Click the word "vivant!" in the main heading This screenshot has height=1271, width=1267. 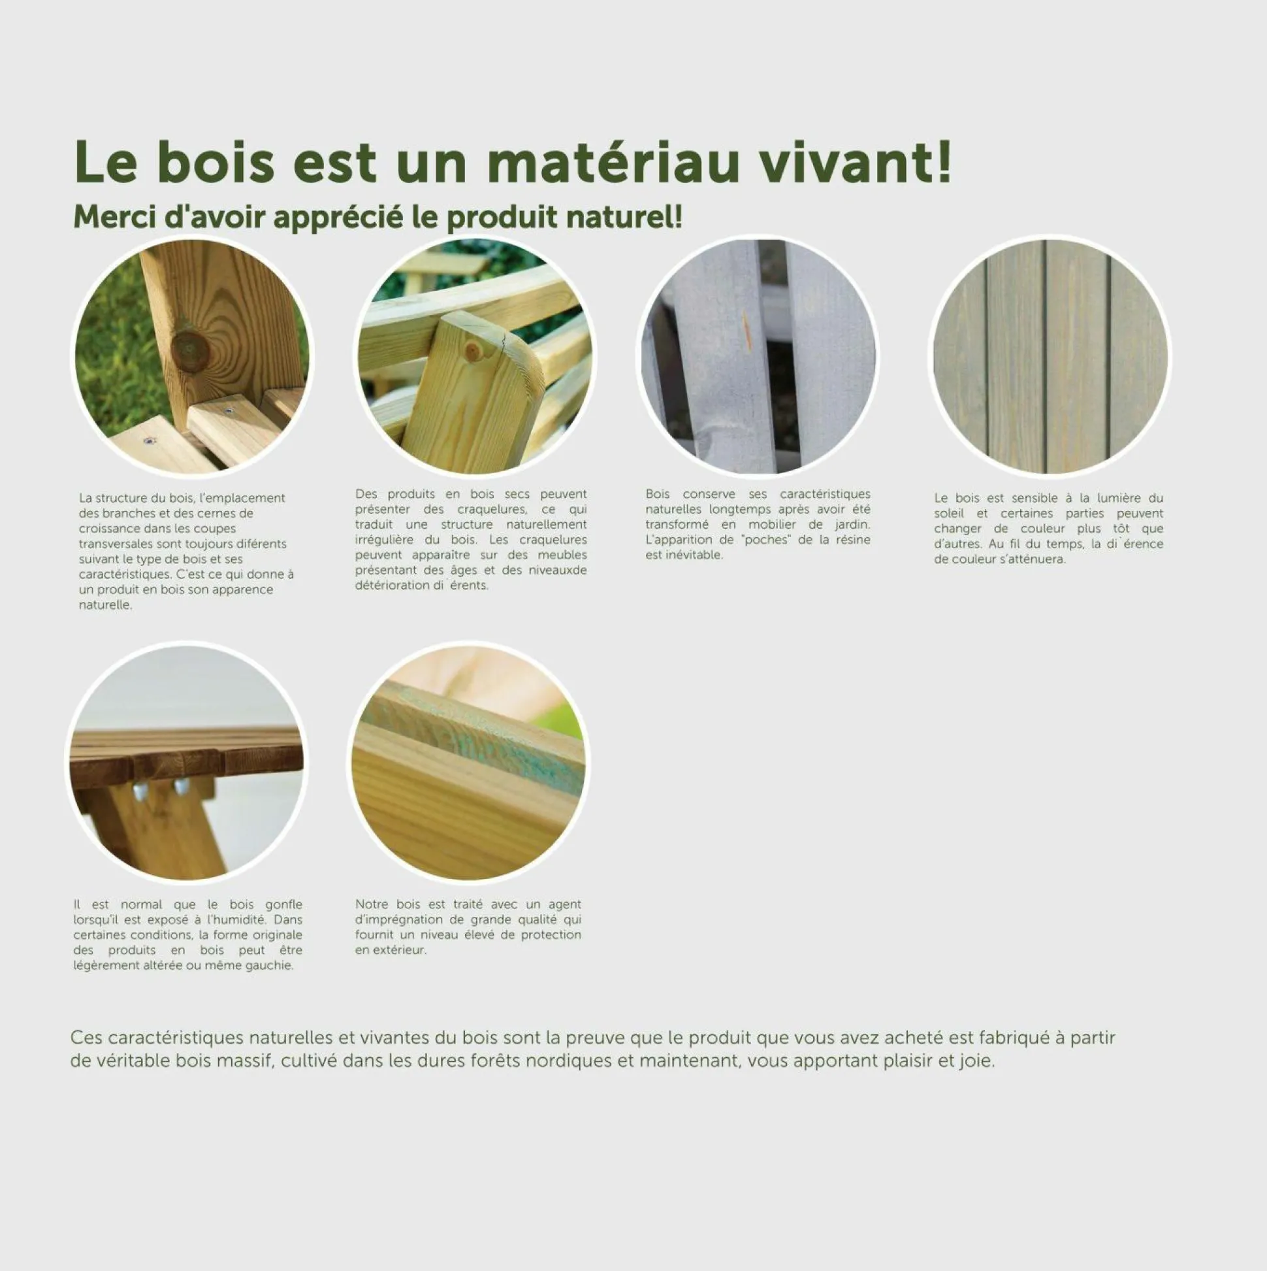pos(855,163)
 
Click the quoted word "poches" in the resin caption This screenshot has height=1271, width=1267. pos(766,540)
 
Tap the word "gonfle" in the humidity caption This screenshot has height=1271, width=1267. pos(283,904)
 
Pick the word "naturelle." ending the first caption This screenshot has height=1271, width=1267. pos(105,604)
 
